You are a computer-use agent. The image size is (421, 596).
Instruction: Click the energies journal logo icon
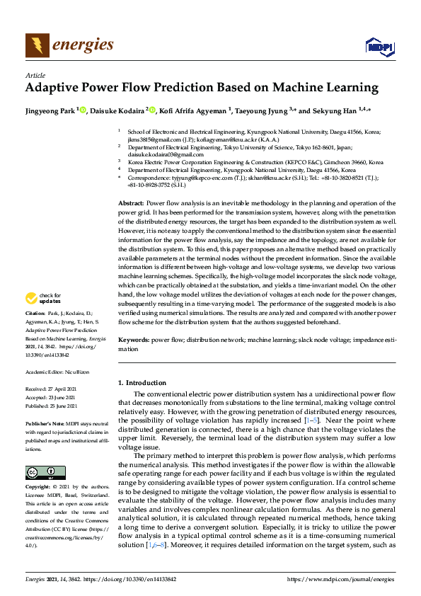(38, 45)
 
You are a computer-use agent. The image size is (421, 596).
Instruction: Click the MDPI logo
(379, 47)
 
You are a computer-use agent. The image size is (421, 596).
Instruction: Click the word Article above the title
(35, 75)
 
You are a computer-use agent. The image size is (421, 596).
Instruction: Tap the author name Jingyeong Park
(50, 110)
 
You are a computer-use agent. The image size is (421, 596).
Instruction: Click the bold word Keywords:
(133, 340)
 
